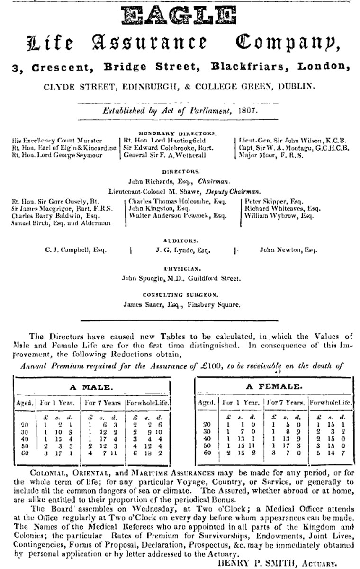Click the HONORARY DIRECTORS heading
click(178, 133)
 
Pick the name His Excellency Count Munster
click(57, 141)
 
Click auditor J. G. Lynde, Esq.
click(183, 250)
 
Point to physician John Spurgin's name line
click(181, 278)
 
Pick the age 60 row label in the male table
click(25, 453)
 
